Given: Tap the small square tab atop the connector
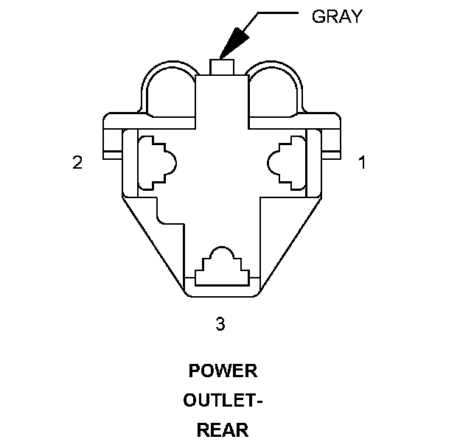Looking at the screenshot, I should [x=223, y=66].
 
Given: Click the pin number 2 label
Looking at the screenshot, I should [x=77, y=163].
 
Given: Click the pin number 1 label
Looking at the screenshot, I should [x=361, y=163].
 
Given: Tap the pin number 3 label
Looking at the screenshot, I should [x=220, y=323].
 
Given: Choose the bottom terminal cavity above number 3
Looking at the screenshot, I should [x=222, y=267].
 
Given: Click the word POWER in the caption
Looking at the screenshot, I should [x=223, y=371].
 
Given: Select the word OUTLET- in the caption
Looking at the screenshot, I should [x=223, y=401].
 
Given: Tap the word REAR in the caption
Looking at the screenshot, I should [x=223, y=430].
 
